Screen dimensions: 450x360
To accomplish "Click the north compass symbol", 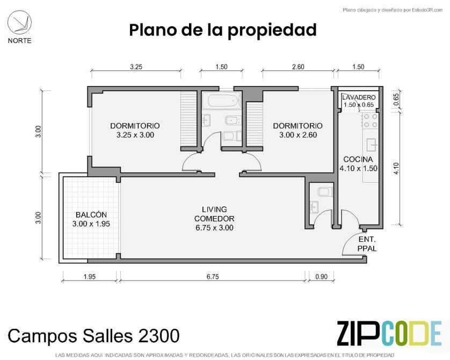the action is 19,23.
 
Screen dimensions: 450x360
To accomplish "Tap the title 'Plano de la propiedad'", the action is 223,30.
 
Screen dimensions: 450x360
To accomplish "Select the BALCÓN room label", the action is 91,215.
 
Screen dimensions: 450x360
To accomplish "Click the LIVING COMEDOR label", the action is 214,214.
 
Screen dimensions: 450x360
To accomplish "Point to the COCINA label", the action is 358,160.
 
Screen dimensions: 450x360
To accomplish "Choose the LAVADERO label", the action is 359,97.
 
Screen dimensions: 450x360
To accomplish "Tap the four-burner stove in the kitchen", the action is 371,121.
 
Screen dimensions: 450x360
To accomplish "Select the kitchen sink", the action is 372,145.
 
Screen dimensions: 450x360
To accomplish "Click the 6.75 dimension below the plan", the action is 213,277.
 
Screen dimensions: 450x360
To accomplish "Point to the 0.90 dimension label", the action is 321,277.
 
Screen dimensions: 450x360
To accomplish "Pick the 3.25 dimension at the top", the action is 136,67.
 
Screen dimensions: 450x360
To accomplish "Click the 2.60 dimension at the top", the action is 298,67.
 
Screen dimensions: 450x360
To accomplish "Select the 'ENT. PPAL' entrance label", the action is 367,244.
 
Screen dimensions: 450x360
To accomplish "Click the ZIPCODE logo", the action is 389,333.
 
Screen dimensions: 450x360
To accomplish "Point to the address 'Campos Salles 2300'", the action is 94,335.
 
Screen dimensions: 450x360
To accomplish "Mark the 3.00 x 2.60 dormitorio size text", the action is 298,135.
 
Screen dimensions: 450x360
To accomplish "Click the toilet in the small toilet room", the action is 325,191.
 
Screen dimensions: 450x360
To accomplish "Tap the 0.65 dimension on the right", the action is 396,99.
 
